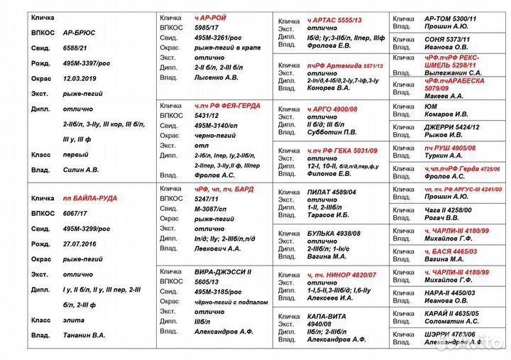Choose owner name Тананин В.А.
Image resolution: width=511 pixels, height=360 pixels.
(x=84, y=335)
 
